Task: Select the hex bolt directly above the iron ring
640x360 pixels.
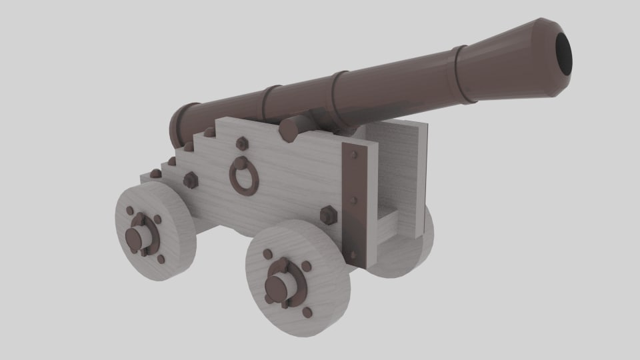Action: point(242,143)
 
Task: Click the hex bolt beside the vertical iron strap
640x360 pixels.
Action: point(327,215)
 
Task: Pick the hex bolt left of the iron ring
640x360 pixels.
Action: point(190,180)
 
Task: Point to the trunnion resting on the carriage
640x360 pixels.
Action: point(291,129)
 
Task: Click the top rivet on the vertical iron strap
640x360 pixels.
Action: point(353,155)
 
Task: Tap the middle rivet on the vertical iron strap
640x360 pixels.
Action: point(353,200)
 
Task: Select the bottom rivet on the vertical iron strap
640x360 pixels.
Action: point(354,253)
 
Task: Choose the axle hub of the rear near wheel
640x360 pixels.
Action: point(138,237)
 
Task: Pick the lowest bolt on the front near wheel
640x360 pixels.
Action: point(307,312)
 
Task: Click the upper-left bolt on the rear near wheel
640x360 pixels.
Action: point(130,211)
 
